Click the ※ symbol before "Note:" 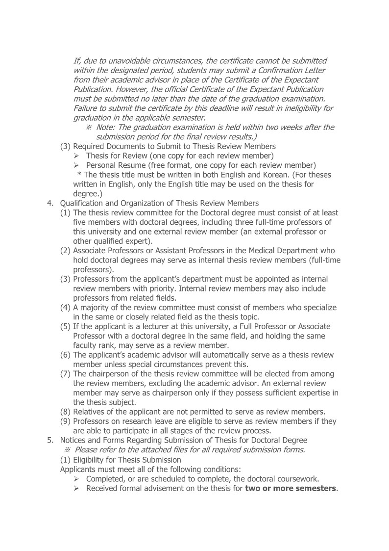(x=89, y=128)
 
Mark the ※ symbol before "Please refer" (x=67, y=450)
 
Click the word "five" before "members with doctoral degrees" (x=81, y=222)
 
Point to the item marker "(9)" (x=66, y=421)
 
